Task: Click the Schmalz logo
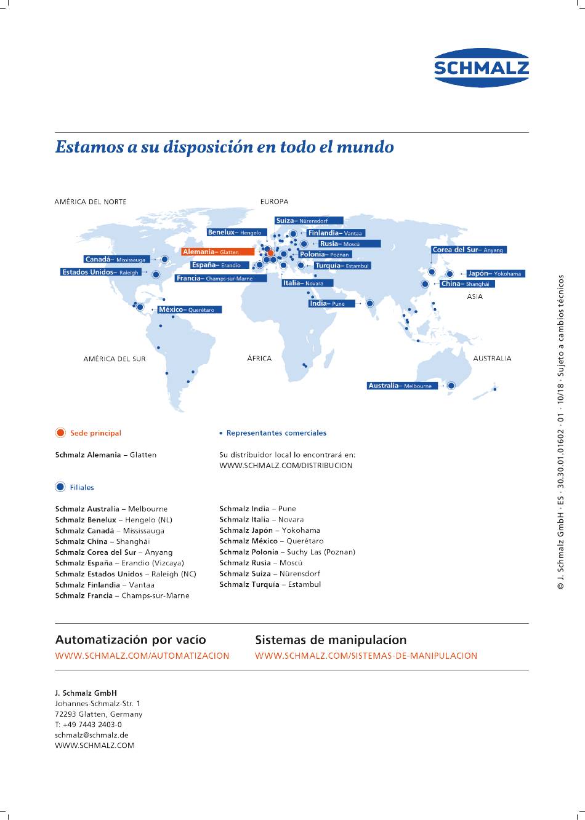[482, 68]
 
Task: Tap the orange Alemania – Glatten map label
[218, 252]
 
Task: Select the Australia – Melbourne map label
[402, 386]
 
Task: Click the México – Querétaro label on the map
[190, 309]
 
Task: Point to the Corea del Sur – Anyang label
[469, 250]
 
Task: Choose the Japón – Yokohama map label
[496, 274]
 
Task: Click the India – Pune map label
[332, 303]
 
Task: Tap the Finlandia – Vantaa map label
[336, 233]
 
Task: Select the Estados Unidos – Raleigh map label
[101, 273]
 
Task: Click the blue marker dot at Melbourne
[451, 386]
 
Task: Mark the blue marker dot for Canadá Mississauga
[164, 260]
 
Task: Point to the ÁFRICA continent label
[259, 359]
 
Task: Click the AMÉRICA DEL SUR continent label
[115, 359]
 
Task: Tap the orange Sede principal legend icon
[60, 432]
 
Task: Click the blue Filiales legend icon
[60, 487]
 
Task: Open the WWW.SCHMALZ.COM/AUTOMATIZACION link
[142, 656]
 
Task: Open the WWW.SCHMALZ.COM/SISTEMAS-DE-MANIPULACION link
[366, 656]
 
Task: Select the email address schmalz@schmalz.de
[92, 734]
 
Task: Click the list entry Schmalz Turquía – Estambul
[270, 584]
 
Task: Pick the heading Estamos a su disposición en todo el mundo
[225, 147]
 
